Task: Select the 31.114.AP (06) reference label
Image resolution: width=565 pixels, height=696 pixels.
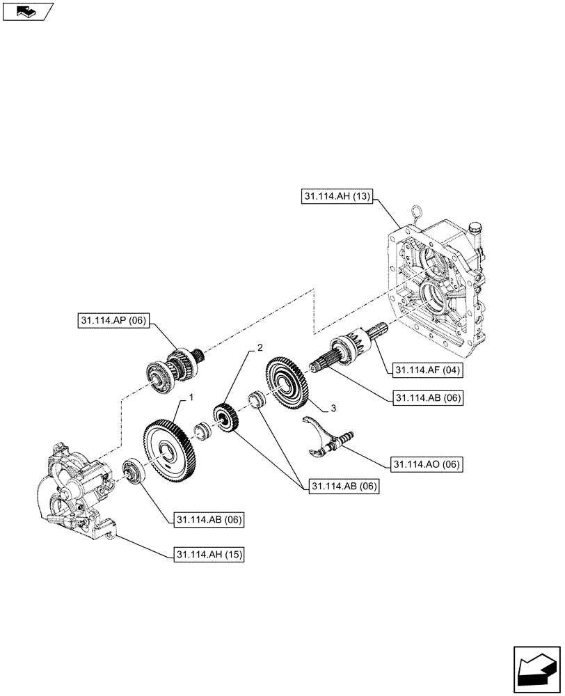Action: pos(112,321)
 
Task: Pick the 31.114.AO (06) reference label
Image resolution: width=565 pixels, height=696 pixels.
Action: pos(425,464)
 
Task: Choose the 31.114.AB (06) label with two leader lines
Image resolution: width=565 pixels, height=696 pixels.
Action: pos(342,487)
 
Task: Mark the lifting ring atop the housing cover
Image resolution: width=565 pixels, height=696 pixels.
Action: pos(418,212)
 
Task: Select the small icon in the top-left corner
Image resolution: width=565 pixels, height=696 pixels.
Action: pos(27,11)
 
